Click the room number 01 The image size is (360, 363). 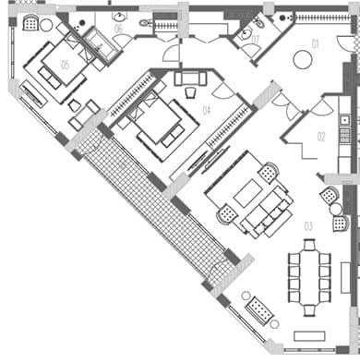coord(314,43)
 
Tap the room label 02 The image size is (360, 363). coord(321,137)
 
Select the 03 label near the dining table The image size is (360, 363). coord(308,224)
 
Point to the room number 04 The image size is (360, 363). coord(206,111)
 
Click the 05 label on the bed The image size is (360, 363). coord(65,64)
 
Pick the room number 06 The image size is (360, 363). coord(118,29)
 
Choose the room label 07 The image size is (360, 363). coord(254,39)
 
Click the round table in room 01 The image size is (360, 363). coord(302,60)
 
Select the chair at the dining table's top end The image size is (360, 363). coord(309,244)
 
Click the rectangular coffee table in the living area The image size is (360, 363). coord(250,195)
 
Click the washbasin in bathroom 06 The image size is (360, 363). coord(120,17)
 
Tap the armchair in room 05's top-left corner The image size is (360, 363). coord(30,23)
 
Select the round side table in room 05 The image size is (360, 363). coord(46,25)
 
